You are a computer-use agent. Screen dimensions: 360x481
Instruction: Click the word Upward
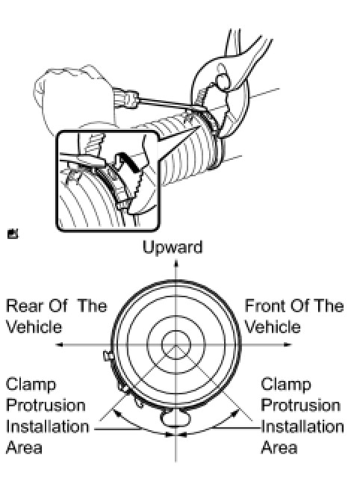coord(173,248)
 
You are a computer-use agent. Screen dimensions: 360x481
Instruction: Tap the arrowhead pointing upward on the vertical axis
coord(176,264)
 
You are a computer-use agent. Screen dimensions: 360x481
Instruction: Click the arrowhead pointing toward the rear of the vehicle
coord(60,345)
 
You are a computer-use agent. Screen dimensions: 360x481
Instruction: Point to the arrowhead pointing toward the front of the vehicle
coord(288,345)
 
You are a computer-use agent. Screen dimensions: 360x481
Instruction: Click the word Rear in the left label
coord(23,306)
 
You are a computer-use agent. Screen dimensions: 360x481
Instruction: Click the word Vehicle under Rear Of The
coord(34,326)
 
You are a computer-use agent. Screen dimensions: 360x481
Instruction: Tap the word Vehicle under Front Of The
coord(273,326)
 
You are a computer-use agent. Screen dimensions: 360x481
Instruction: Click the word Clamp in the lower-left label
coord(31,385)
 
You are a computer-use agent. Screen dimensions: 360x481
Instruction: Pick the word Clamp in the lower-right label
coord(286,385)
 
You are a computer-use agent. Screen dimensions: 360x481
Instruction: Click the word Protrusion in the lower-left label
coord(46,406)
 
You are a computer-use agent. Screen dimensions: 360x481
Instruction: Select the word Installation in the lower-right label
coord(302,426)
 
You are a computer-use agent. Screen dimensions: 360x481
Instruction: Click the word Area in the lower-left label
coord(24,447)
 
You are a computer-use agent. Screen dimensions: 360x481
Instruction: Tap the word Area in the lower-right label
coord(279,447)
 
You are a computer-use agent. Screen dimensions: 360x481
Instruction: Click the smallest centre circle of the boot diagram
coord(176,331)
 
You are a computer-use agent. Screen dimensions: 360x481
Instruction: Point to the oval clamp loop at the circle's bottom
coord(176,426)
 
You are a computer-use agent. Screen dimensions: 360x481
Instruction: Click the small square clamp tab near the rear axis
coord(108,356)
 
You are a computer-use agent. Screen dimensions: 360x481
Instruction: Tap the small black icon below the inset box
coord(13,234)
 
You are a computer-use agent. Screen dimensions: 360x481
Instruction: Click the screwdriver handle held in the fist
coord(127,98)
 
